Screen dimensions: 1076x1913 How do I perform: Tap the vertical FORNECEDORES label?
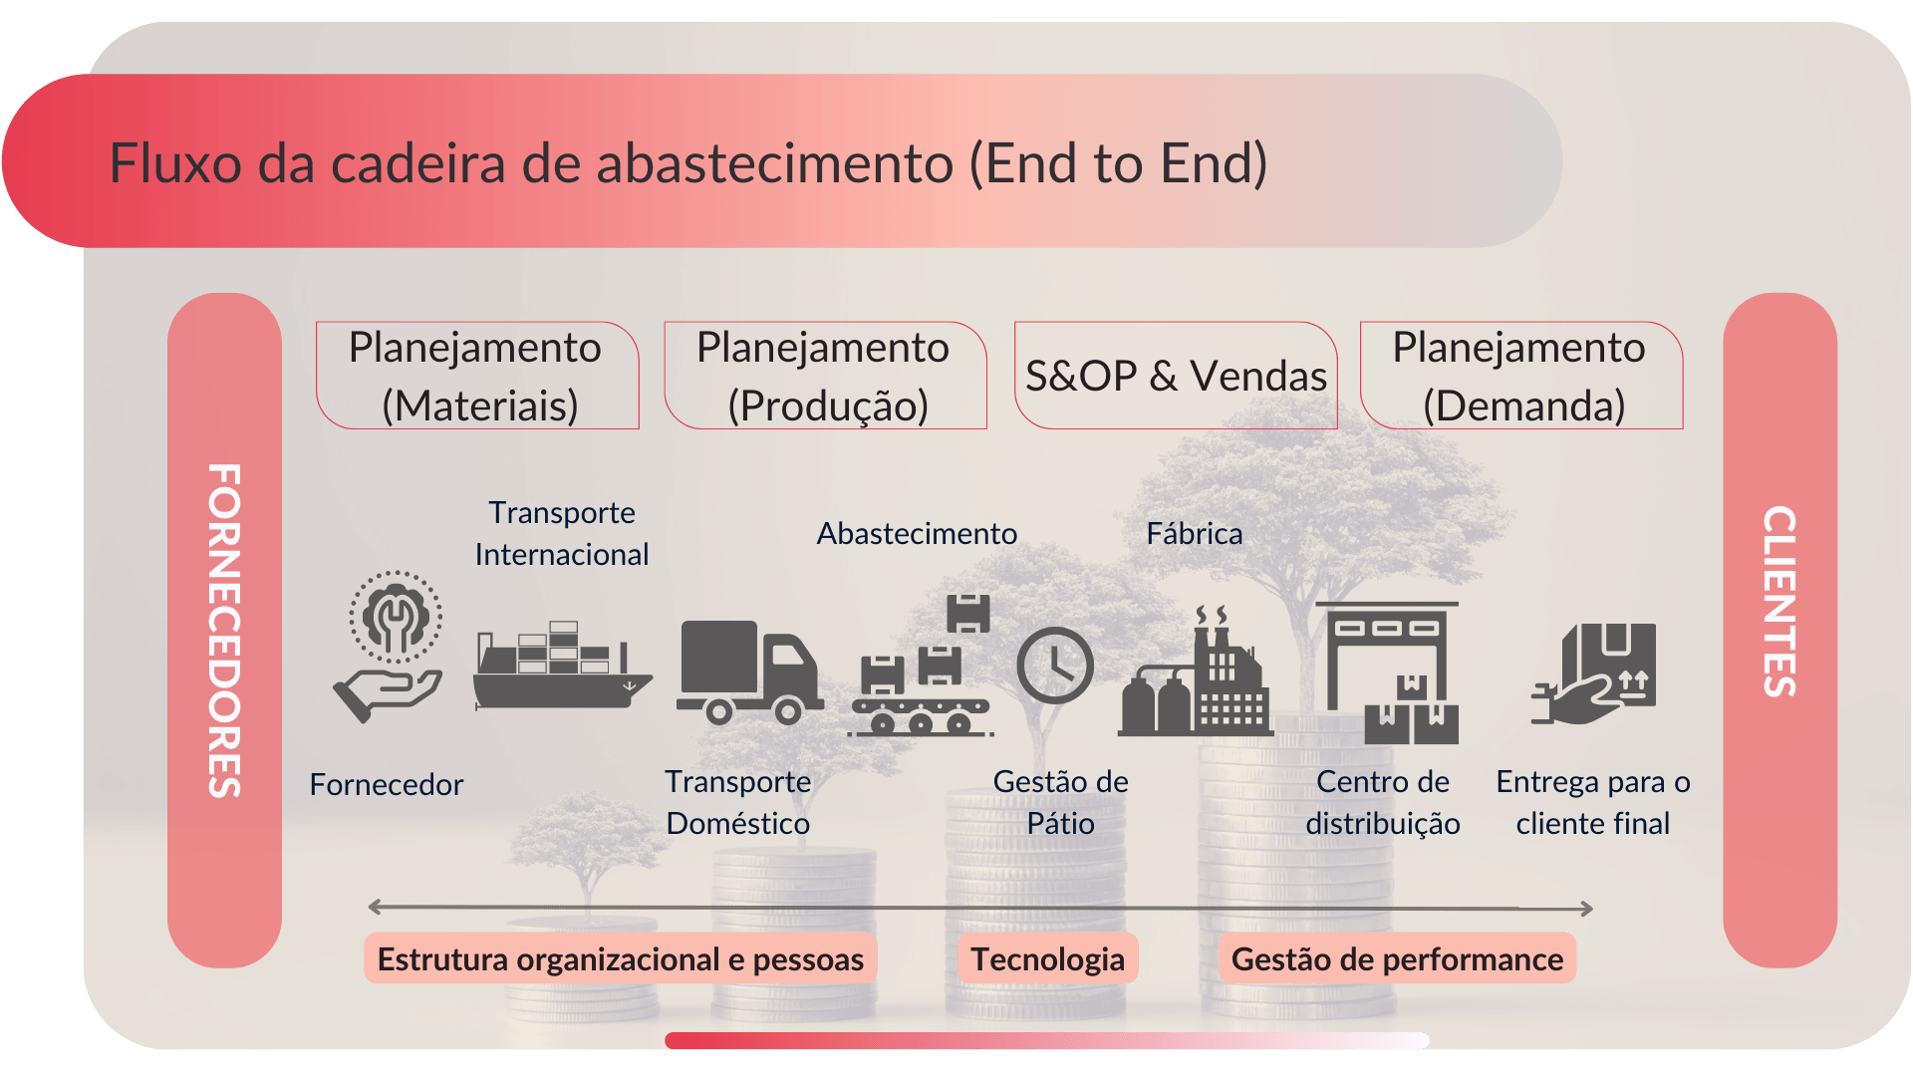click(225, 630)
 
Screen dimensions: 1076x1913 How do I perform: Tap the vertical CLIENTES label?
click(1779, 601)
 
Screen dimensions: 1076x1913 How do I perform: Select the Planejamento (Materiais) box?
click(476, 376)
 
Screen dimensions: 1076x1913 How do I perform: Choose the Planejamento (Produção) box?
click(825, 376)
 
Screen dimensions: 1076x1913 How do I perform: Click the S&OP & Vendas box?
click(1176, 376)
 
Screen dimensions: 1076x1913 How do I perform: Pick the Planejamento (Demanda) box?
click(1520, 376)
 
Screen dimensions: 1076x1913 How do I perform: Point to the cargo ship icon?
click(560, 668)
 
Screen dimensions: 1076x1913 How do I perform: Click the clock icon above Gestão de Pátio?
click(1054, 665)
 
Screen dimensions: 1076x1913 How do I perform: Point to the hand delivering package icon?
click(1594, 674)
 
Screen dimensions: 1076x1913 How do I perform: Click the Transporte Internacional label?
click(562, 533)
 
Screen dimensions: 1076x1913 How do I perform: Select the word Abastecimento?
click(917, 534)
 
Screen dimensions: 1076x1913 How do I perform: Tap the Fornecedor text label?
click(387, 785)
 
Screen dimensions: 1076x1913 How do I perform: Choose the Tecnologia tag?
click(1047, 958)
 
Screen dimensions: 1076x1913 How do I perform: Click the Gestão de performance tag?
click(1397, 958)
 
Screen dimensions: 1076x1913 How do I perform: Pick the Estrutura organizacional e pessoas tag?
click(620, 958)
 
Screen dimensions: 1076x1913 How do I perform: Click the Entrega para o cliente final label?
click(1592, 802)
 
